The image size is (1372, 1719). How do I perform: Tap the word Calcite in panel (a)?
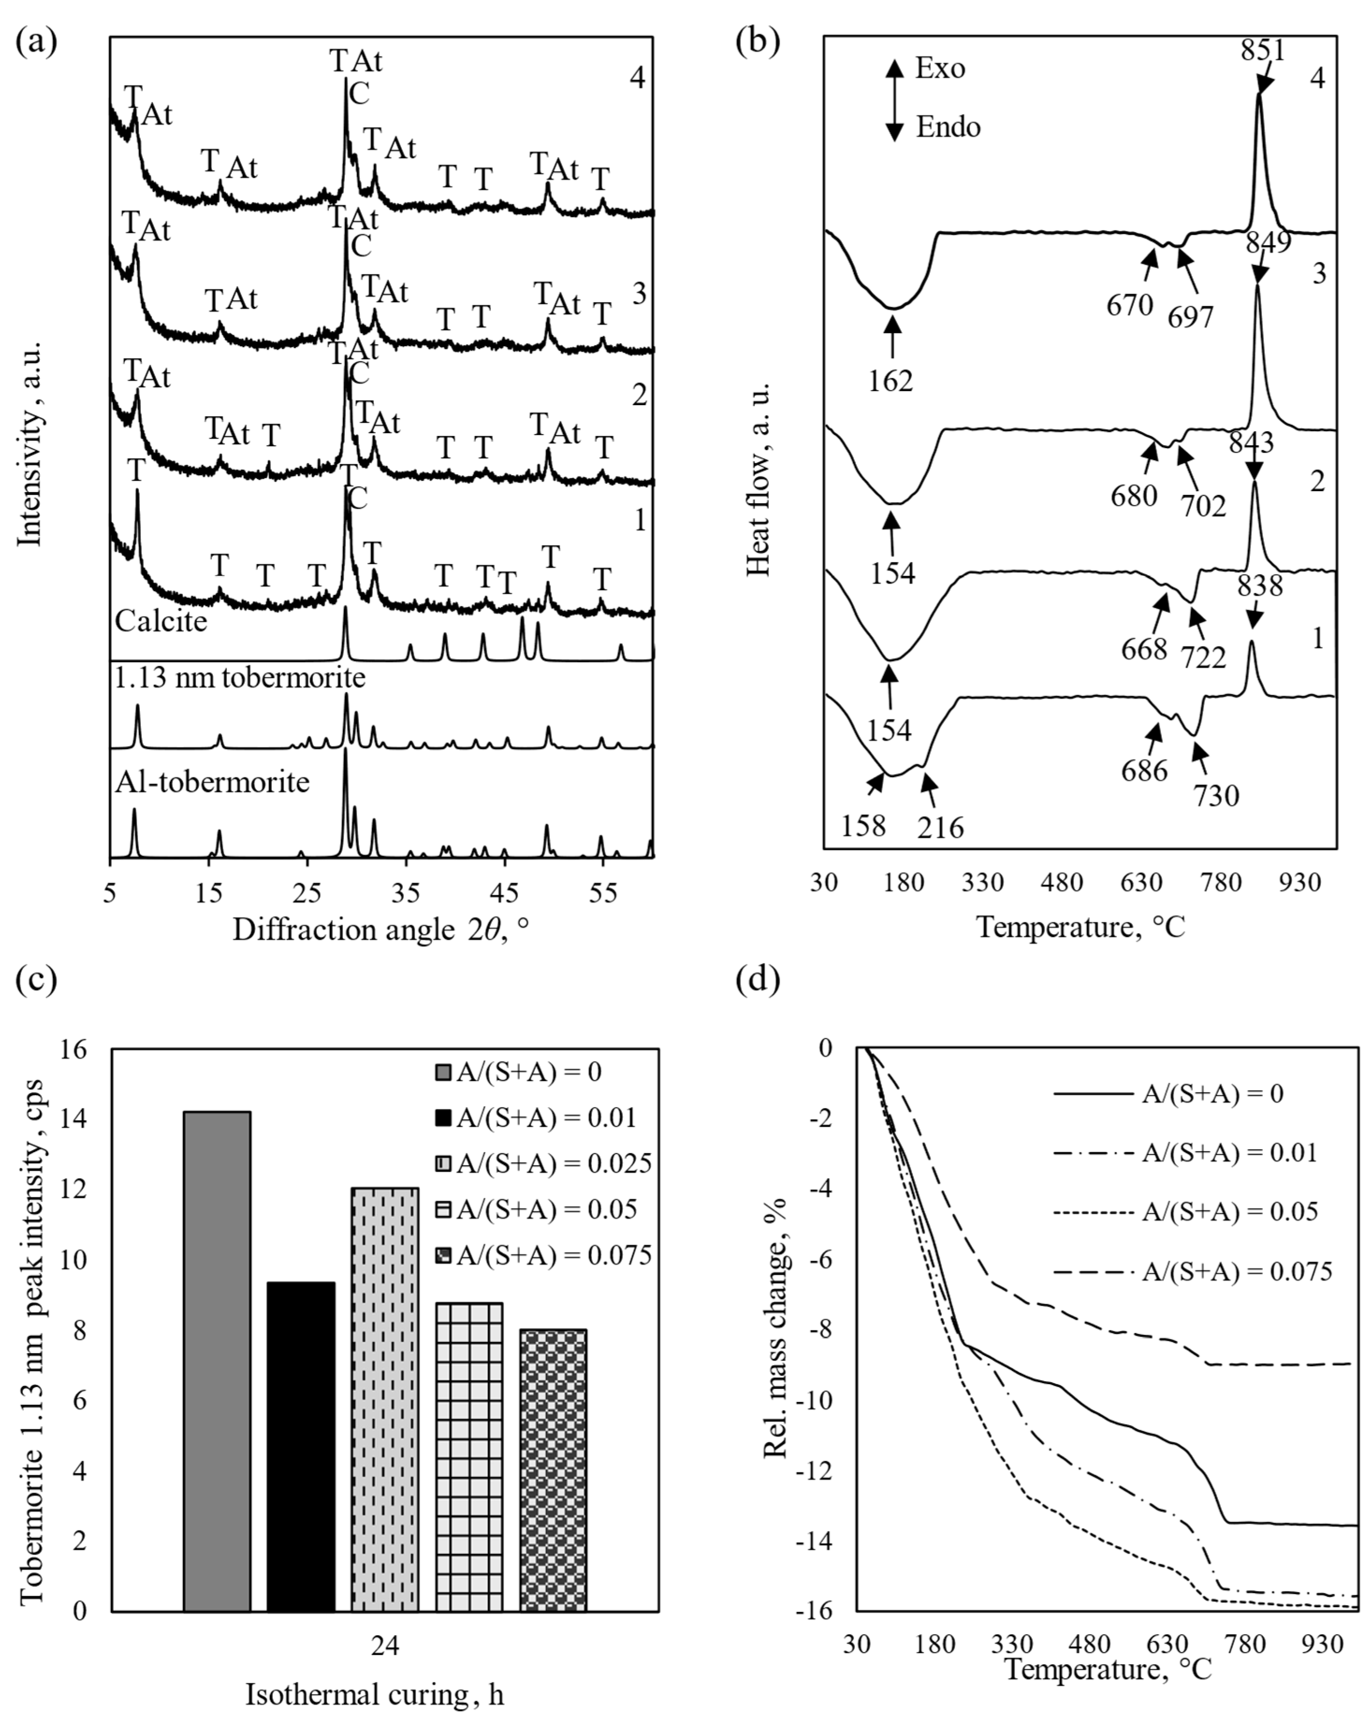click(x=161, y=621)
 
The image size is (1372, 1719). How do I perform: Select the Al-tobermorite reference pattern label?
click(x=212, y=782)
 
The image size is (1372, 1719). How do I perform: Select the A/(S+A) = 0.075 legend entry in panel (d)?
click(x=1236, y=1271)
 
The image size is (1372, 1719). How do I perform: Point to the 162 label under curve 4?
click(x=891, y=381)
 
